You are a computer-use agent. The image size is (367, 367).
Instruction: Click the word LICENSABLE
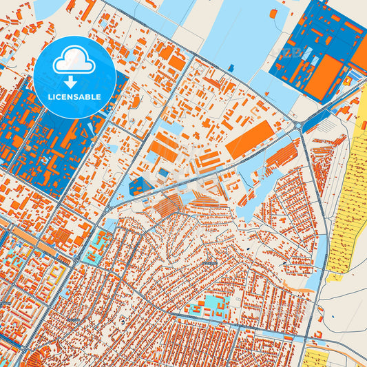pos(74,97)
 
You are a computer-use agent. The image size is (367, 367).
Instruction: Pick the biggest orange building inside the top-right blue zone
pos(324,77)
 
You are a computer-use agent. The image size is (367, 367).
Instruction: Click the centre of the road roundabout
pos(297,125)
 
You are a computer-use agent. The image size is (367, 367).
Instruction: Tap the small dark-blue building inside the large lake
pos(231,67)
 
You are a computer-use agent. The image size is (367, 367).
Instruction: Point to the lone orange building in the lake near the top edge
pos(273,13)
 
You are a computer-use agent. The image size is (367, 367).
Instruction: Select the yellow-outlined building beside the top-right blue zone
pos(348,81)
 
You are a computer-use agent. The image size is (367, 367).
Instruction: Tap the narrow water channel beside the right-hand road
pos(314,272)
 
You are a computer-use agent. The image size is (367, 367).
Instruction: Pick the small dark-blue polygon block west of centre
pos(140,185)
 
